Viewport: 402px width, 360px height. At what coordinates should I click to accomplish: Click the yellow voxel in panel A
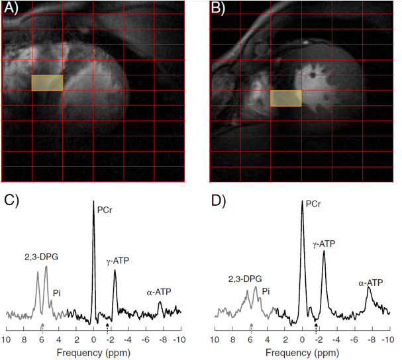click(x=47, y=83)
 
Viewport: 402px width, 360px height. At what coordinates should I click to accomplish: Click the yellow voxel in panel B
click(x=286, y=98)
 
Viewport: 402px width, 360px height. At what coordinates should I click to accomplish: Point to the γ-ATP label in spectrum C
click(x=117, y=262)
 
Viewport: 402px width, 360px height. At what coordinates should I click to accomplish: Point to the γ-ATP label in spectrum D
click(x=324, y=244)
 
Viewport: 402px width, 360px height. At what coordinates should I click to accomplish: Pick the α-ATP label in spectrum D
click(x=371, y=283)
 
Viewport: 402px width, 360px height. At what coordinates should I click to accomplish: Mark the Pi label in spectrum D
click(x=266, y=291)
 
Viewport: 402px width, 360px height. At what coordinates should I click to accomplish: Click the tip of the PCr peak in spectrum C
click(x=93, y=201)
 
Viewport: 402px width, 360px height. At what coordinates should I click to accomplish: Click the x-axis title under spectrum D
click(x=302, y=351)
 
